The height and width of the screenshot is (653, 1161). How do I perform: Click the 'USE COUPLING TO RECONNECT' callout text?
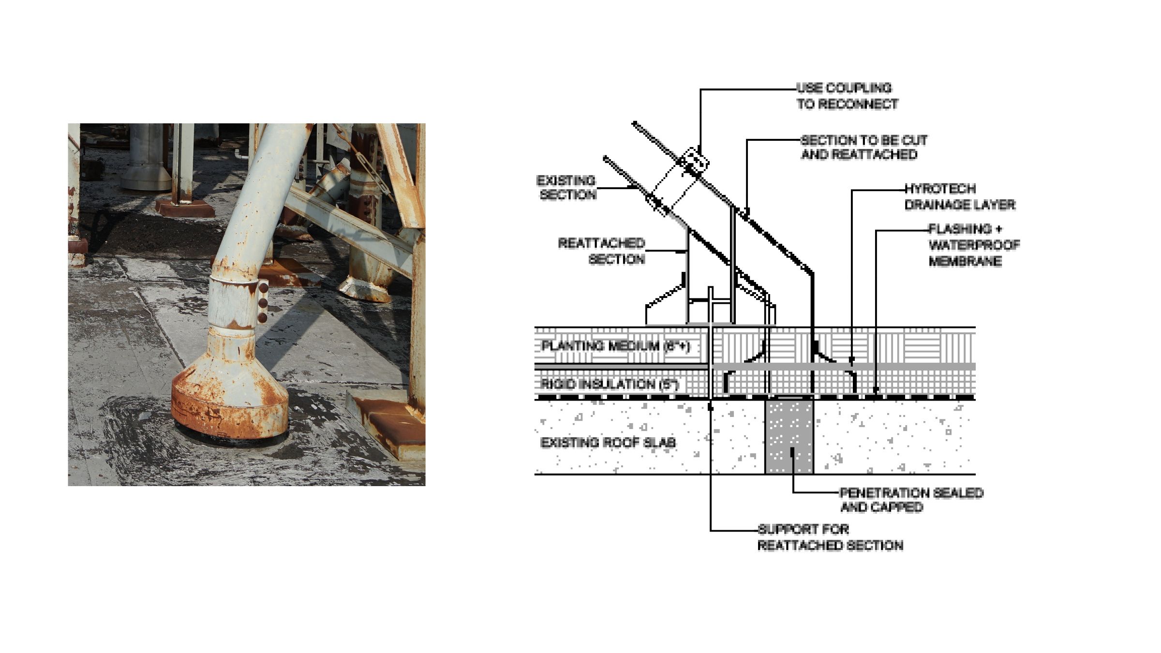click(847, 96)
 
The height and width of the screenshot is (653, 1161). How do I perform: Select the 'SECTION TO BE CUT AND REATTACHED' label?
click(863, 148)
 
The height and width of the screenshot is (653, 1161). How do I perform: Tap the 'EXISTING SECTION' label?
click(566, 188)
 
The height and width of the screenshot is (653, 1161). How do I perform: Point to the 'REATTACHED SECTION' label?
click(602, 251)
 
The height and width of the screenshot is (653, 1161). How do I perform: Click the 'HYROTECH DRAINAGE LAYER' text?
click(959, 197)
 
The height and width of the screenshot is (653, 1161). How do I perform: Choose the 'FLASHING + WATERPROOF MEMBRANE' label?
click(973, 245)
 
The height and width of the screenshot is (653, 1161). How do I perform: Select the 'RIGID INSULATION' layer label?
click(610, 385)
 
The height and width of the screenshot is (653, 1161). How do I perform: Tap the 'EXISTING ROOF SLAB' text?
click(608, 443)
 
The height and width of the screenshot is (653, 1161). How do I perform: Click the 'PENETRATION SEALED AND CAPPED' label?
click(910, 500)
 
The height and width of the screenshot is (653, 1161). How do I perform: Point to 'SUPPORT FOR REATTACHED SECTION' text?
click(830, 537)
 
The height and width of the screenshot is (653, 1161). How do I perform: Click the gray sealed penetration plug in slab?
click(789, 435)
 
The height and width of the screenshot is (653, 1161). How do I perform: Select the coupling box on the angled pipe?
click(695, 163)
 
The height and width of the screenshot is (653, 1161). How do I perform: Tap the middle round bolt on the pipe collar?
click(263, 303)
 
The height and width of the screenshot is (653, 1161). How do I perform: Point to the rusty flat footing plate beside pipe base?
click(387, 421)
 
